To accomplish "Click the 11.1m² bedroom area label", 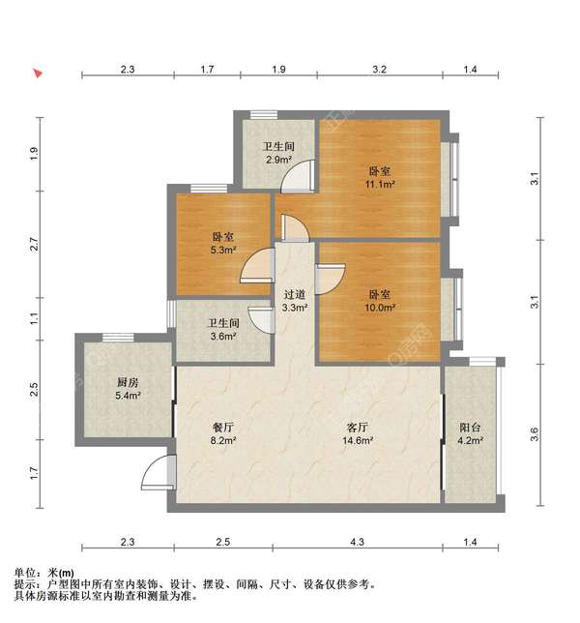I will pyautogui.click(x=378, y=177).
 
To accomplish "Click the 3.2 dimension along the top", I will pyautogui.click(x=380, y=70).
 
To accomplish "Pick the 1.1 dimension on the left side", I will pyautogui.click(x=34, y=317).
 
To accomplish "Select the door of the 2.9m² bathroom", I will pyautogui.click(x=304, y=172).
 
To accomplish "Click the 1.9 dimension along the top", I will pyautogui.click(x=278, y=70).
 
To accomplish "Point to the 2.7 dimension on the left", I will pyautogui.click(x=34, y=245).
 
